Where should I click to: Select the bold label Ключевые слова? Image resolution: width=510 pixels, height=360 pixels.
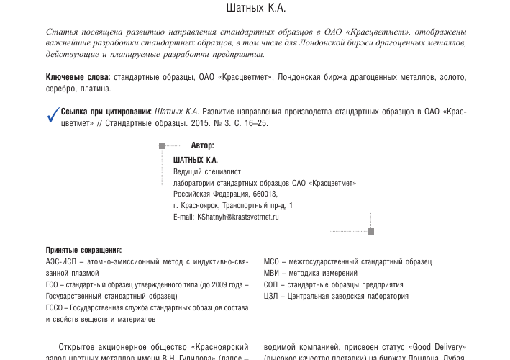(x=78, y=76)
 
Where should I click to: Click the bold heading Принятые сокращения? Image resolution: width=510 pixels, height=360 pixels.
(x=83, y=250)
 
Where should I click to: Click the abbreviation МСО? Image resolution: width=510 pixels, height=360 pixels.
(x=271, y=261)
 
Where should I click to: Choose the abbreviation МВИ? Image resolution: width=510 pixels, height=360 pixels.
(x=271, y=273)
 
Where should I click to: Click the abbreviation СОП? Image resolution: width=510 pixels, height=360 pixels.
(x=271, y=284)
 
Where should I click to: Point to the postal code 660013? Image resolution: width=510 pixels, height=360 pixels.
(x=265, y=194)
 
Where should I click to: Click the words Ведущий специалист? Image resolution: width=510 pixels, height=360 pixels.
(x=207, y=171)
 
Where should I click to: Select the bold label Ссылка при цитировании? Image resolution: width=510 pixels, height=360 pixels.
(x=106, y=112)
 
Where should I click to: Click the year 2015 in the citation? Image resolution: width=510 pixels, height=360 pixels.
(x=199, y=123)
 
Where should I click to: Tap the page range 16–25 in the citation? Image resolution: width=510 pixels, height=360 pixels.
(x=256, y=123)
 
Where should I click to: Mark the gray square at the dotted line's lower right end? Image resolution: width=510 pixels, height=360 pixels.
(x=371, y=232)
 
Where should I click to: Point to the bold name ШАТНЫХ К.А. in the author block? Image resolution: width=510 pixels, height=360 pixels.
(x=196, y=160)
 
